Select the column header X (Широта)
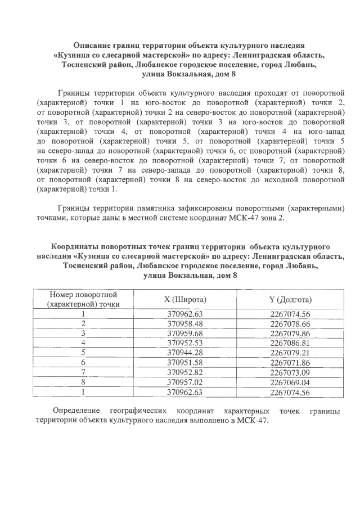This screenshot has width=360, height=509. pyautogui.click(x=188, y=299)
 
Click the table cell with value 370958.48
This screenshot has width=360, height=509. pyautogui.click(x=188, y=323)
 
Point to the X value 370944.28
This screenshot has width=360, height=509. pyautogui.click(x=188, y=352)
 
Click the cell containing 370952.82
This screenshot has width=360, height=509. pyautogui.click(x=188, y=371)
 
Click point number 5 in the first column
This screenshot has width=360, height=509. pyautogui.click(x=83, y=352)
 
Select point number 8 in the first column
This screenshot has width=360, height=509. pyautogui.click(x=83, y=381)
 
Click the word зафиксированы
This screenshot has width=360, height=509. pyautogui.click(x=203, y=208)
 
